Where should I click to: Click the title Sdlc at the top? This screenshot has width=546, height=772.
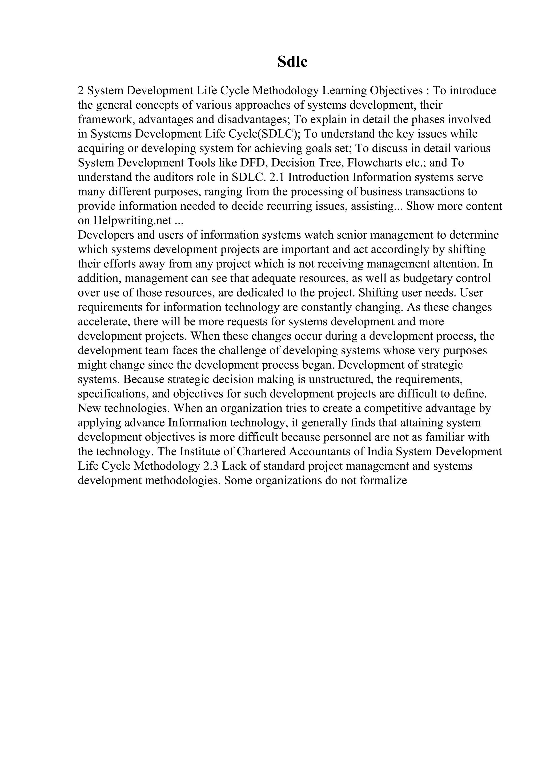tap(292, 62)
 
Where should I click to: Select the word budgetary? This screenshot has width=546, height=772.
tap(428, 278)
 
